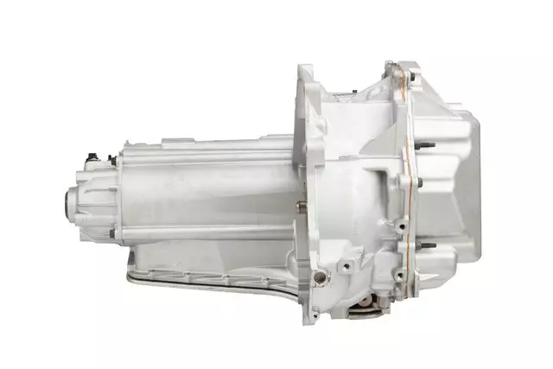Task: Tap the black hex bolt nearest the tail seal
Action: (89, 159)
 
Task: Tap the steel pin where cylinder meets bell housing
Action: (298, 205)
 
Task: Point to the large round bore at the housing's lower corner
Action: (321, 277)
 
